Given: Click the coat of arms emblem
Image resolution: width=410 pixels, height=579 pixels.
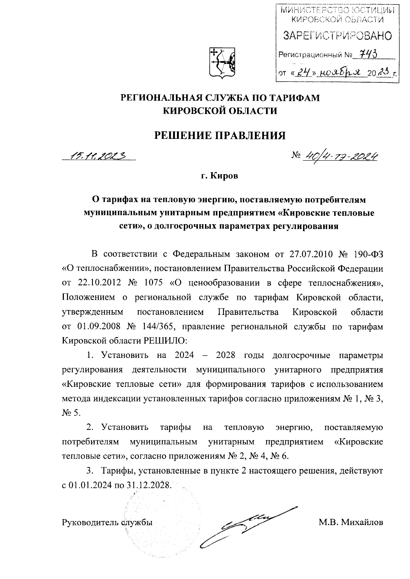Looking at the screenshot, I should tap(222, 62).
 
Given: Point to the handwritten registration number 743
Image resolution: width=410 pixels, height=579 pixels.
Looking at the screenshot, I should tap(368, 54).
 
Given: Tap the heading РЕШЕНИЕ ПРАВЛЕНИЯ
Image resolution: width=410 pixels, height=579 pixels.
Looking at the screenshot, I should tap(220, 136).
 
